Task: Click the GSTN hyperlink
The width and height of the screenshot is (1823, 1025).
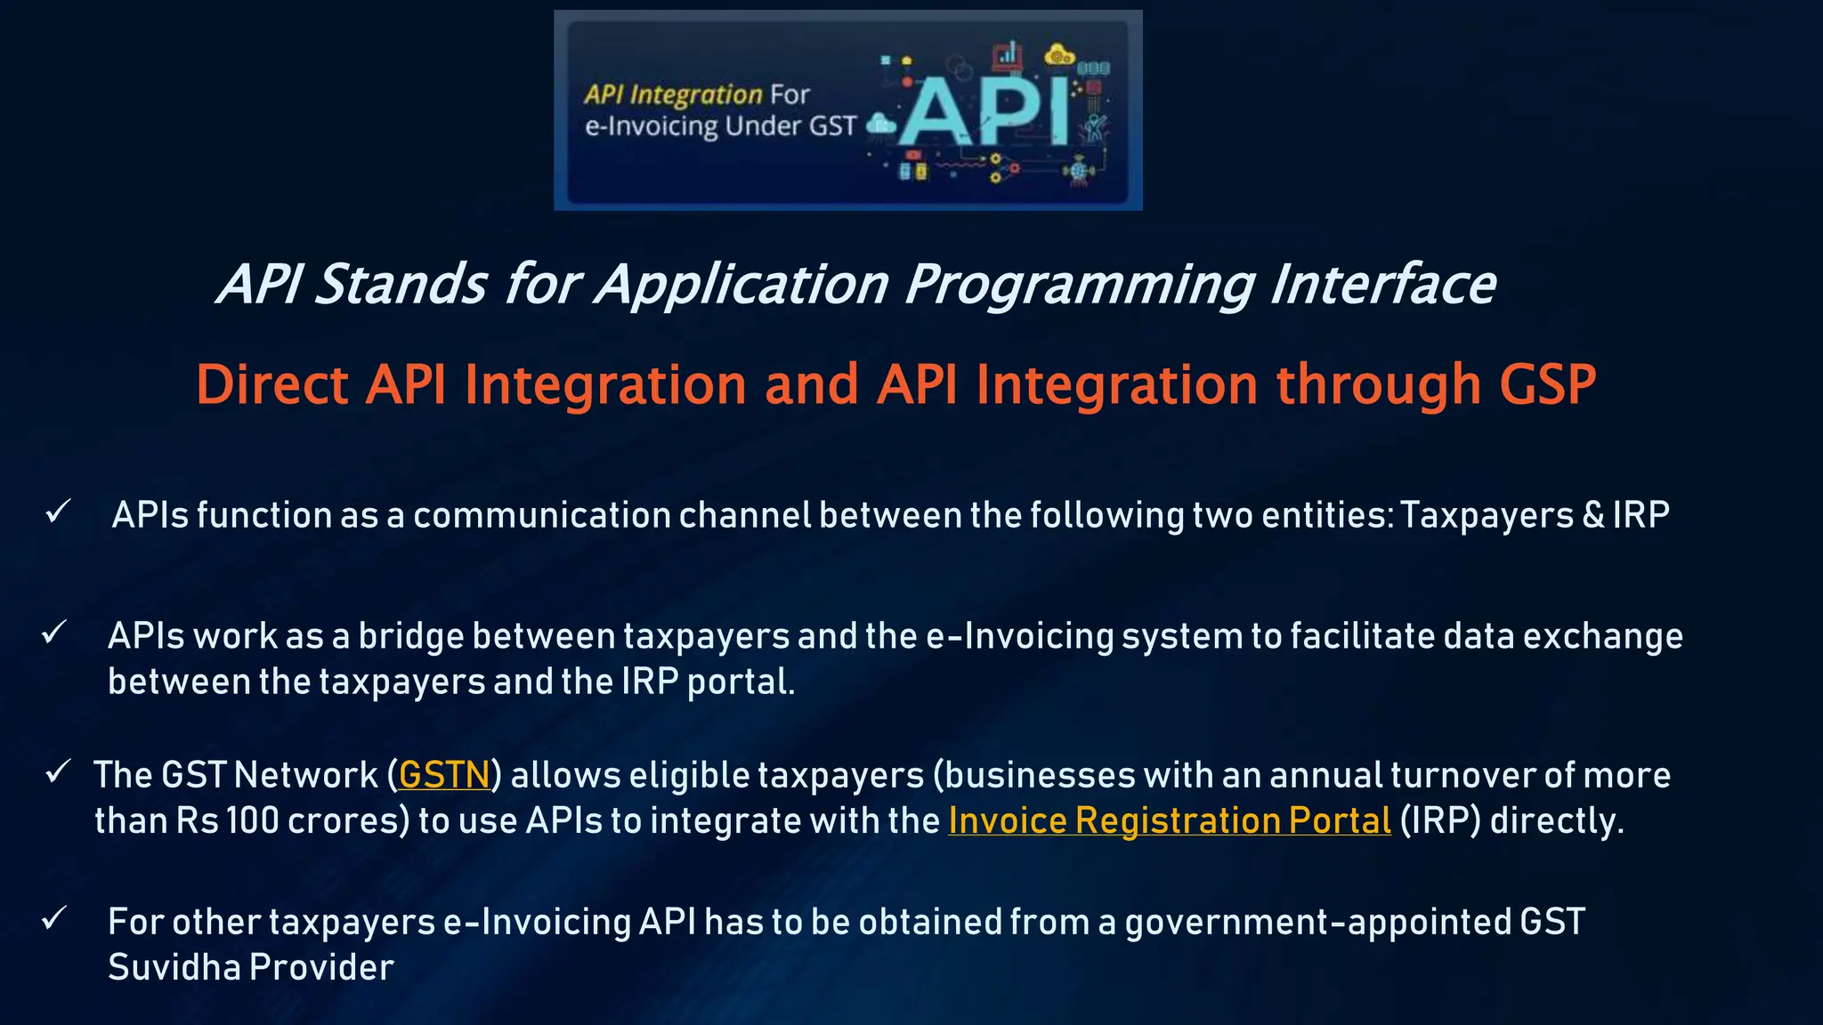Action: [x=444, y=775]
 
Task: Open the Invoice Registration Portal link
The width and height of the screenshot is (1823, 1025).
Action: [x=1169, y=820]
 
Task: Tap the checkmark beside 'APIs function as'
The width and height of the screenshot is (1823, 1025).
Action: [x=59, y=512]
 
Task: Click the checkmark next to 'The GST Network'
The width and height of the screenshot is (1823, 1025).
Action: [x=59, y=771]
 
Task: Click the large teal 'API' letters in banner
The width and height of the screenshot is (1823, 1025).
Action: [x=984, y=111]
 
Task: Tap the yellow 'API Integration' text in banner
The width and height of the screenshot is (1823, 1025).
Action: [x=673, y=94]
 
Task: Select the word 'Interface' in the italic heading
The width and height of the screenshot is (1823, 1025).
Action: [x=1382, y=285]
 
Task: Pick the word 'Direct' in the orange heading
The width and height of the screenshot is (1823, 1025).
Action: [x=272, y=384]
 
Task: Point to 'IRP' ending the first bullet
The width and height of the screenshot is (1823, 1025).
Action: [x=1641, y=515]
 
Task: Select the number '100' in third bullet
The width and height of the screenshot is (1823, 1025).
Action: [x=253, y=820]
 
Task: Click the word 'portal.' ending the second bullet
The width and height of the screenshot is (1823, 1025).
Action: [x=741, y=682]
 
